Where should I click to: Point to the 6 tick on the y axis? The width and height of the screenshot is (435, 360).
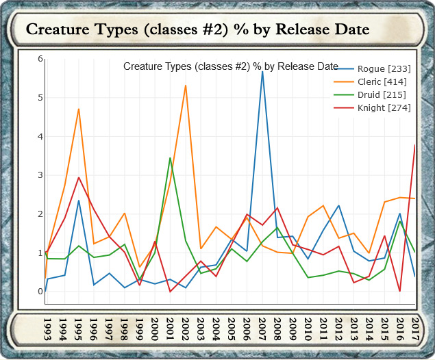[40, 59]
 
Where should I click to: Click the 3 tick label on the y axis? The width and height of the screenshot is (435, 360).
[40, 175]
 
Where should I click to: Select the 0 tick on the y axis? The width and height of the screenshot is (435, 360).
[40, 292]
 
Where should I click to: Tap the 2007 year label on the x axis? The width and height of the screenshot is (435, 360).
[262, 328]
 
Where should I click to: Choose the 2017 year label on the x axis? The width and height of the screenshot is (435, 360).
[416, 328]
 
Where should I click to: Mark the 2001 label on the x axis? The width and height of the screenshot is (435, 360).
[170, 328]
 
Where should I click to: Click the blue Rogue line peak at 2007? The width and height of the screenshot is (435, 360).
[262, 71]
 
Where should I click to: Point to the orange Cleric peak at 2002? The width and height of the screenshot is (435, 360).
[186, 86]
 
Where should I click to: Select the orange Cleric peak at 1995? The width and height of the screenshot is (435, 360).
[79, 109]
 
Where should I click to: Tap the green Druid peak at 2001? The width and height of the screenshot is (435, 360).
[170, 158]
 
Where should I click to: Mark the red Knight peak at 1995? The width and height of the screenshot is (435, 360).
[79, 177]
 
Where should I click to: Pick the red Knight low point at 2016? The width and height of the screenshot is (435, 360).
[400, 292]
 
